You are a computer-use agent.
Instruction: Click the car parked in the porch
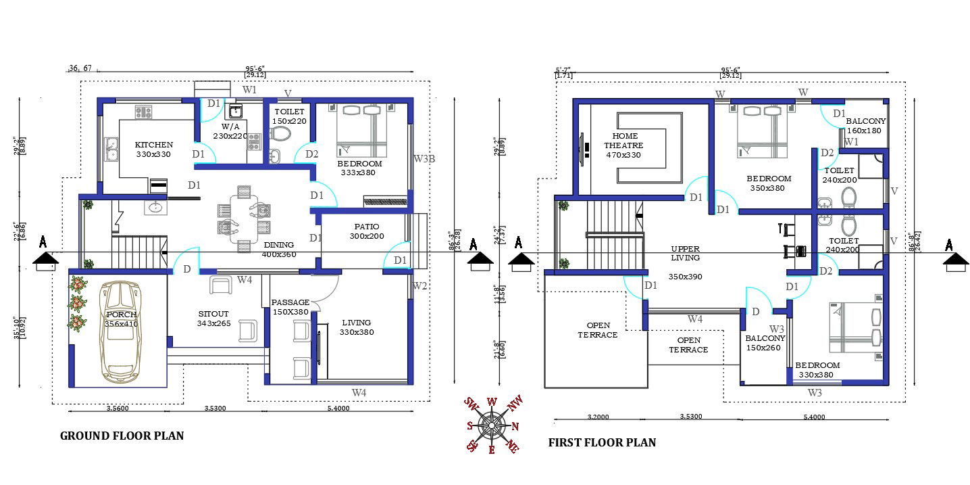click(120, 331)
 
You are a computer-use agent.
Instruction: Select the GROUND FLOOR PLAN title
click(122, 436)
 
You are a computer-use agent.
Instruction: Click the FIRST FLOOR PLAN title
click(602, 442)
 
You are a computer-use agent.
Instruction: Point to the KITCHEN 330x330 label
click(154, 149)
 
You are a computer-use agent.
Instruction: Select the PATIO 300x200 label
click(366, 231)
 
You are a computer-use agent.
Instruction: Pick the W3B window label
click(424, 159)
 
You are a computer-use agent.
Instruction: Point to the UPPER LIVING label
click(685, 253)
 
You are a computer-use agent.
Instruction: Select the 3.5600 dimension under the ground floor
click(118, 409)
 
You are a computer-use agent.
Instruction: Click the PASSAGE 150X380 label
click(290, 307)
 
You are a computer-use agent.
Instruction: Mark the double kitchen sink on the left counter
click(111, 148)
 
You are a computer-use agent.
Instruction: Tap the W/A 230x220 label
click(231, 131)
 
